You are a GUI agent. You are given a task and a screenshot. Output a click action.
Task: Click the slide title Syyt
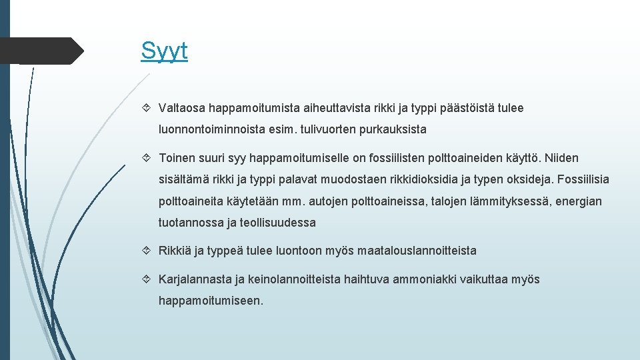(x=164, y=51)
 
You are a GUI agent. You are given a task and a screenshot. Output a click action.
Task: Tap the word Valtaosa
(x=181, y=108)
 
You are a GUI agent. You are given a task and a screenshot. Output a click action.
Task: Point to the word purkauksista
(x=392, y=129)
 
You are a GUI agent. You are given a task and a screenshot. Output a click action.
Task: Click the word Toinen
(x=177, y=159)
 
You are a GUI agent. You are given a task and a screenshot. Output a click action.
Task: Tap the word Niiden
(x=561, y=159)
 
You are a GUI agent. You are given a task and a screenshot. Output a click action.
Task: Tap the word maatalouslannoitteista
(x=417, y=251)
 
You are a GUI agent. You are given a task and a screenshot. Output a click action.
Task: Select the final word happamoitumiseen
(x=211, y=301)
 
